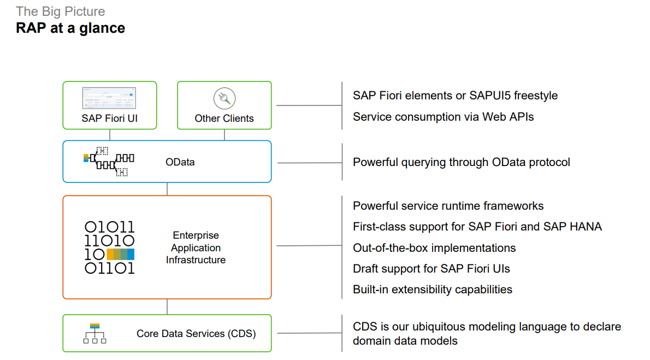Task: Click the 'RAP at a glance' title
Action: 70,28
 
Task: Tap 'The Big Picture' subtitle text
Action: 60,11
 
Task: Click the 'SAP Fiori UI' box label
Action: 109,118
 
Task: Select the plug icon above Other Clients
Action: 224,99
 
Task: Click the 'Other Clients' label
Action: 224,118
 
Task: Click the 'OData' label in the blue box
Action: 180,162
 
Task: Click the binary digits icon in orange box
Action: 109,247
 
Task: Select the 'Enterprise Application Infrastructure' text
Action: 196,247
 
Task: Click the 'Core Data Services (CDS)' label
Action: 196,333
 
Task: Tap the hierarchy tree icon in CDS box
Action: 95,333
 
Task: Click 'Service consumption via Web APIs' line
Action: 443,116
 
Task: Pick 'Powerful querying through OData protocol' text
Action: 461,162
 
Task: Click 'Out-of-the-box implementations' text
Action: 434,247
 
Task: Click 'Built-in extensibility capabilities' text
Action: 432,289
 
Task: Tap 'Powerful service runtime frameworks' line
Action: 448,206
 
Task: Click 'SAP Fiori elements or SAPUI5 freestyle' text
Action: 455,96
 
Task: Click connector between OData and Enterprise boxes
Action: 167,189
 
